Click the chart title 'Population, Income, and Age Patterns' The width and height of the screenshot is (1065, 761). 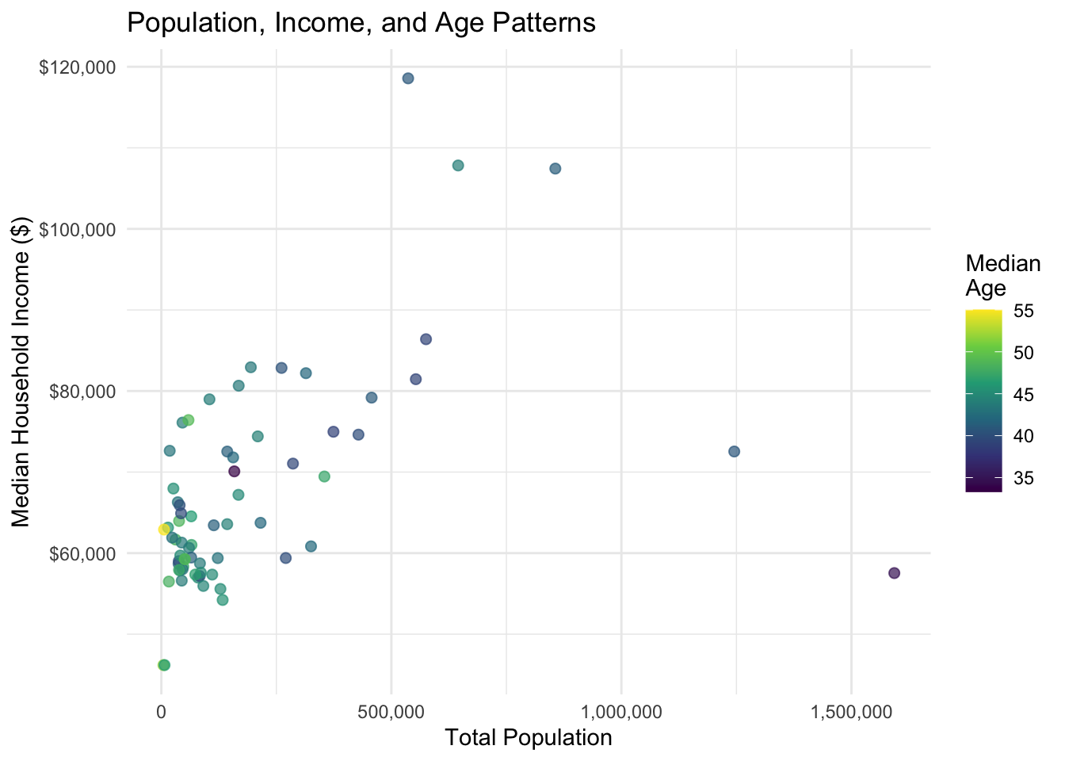click(x=361, y=23)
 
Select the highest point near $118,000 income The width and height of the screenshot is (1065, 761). click(x=408, y=78)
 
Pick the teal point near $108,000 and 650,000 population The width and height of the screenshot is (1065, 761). click(x=458, y=166)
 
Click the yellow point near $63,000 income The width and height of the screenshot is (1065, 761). click(x=163, y=530)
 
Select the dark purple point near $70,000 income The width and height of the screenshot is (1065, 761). click(x=235, y=472)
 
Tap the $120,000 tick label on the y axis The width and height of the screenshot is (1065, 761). click(x=77, y=67)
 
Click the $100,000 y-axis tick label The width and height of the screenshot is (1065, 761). click(x=77, y=230)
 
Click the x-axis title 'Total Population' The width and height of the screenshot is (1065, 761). click(x=529, y=738)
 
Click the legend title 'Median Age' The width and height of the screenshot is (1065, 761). click(x=1002, y=275)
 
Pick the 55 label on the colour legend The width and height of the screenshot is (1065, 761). click(x=1023, y=312)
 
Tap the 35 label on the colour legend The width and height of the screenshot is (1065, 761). click(x=1023, y=478)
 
